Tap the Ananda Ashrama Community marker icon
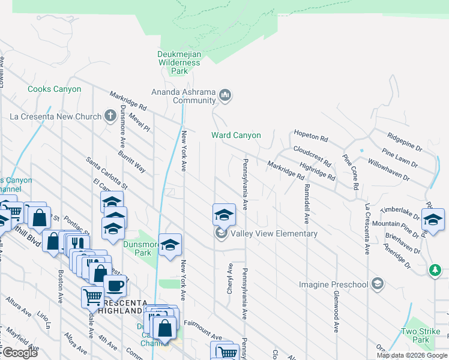(226, 95)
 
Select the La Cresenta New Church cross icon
(110, 116)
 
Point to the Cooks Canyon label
(54, 89)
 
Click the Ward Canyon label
(236, 136)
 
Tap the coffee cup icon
(115, 285)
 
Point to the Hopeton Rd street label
(311, 137)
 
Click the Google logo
(20, 353)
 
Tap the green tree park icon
(435, 271)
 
